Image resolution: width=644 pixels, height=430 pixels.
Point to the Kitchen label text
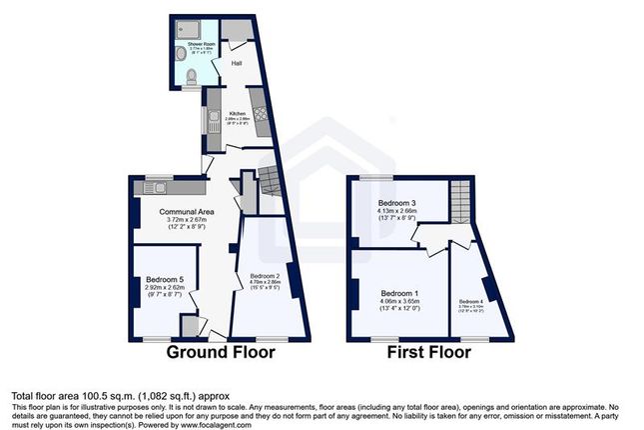[238, 113]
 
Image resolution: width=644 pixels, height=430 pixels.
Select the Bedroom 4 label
[470, 300]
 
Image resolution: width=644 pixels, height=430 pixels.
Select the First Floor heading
[426, 352]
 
